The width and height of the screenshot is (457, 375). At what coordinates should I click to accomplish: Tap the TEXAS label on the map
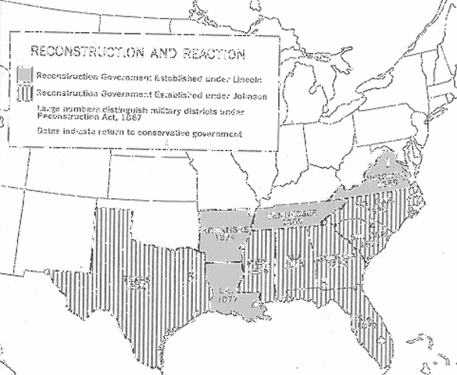pyautogui.click(x=137, y=278)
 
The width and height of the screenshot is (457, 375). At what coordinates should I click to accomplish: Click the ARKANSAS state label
pyautogui.click(x=224, y=231)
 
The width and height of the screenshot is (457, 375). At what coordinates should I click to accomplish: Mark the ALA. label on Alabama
pyautogui.click(x=295, y=256)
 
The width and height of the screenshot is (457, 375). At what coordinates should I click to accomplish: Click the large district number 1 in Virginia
pyautogui.click(x=388, y=162)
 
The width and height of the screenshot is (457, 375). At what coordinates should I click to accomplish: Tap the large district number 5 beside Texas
pyautogui.click(x=191, y=276)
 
